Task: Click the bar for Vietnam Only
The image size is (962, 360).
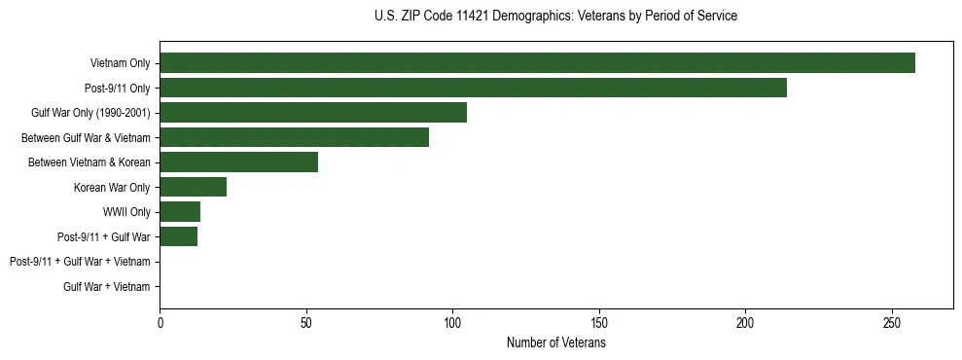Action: [x=537, y=63]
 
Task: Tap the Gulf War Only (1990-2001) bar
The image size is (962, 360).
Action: [x=313, y=113]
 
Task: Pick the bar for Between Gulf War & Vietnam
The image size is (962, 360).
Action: [x=294, y=137]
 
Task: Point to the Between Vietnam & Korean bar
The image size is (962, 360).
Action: [x=238, y=162]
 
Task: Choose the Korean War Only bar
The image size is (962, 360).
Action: [x=193, y=187]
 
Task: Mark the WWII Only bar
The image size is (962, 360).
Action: [x=180, y=212]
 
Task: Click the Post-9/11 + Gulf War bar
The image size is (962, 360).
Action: [x=178, y=236]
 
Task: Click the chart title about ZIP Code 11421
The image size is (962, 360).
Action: [x=555, y=17]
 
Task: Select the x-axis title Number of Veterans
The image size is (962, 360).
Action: [x=555, y=342]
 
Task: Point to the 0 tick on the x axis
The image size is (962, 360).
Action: [x=160, y=322]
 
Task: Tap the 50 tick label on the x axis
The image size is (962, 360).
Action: [x=306, y=322]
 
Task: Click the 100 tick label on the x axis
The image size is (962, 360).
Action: [x=452, y=322]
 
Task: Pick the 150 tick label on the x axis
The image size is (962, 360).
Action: [x=599, y=322]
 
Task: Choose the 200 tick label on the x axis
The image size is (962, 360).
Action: [x=745, y=322]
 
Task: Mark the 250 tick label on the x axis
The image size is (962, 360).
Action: [x=892, y=322]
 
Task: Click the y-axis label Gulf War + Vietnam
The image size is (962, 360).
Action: [x=106, y=286]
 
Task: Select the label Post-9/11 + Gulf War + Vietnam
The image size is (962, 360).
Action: [x=80, y=262]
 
